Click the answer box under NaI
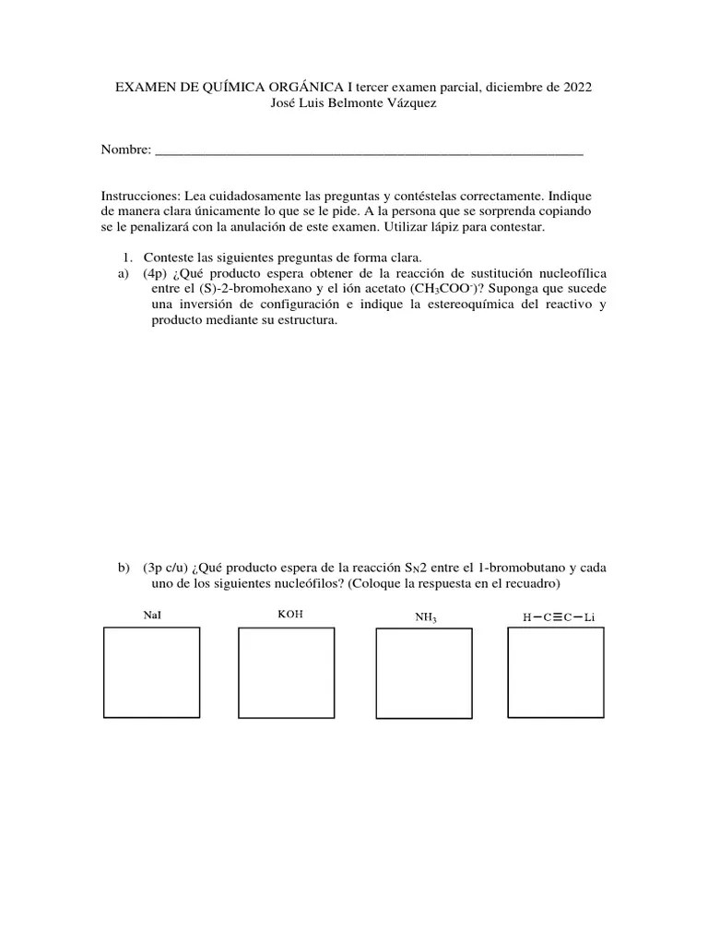pos(151,672)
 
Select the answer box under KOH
pos(286,673)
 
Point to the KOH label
pos(289,614)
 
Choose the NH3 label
pos(426,616)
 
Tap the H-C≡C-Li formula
pos(559,616)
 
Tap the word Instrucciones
pos(141,197)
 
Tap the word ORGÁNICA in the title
pos(300,87)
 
